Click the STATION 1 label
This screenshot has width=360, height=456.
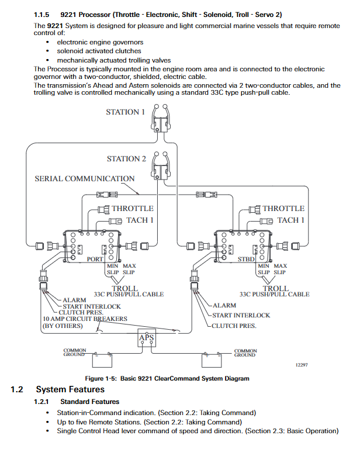pos(125,112)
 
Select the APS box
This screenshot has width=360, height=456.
pos(147,338)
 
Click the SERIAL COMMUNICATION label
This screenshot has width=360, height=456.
pos(85,178)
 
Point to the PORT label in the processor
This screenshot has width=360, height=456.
pos(95,259)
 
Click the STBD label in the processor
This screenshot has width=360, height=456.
pos(246,259)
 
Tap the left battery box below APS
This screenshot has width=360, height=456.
pos(102,360)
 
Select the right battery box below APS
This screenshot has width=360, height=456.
pos(212,360)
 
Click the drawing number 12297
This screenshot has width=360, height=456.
pos(302,365)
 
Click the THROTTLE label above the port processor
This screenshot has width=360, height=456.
pos(133,209)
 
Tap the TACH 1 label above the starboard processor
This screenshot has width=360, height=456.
pos(291,220)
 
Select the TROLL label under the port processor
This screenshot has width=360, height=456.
pos(125,288)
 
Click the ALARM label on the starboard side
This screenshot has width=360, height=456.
pos(224,305)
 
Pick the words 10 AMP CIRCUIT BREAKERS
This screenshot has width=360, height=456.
pos(85,319)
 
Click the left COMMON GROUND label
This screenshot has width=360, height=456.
pos(75,352)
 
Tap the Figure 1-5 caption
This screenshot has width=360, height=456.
pos(167,378)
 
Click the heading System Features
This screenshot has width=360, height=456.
pos(70,389)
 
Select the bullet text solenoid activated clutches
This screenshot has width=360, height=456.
pos(99,51)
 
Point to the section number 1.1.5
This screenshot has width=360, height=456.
pos(41,15)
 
